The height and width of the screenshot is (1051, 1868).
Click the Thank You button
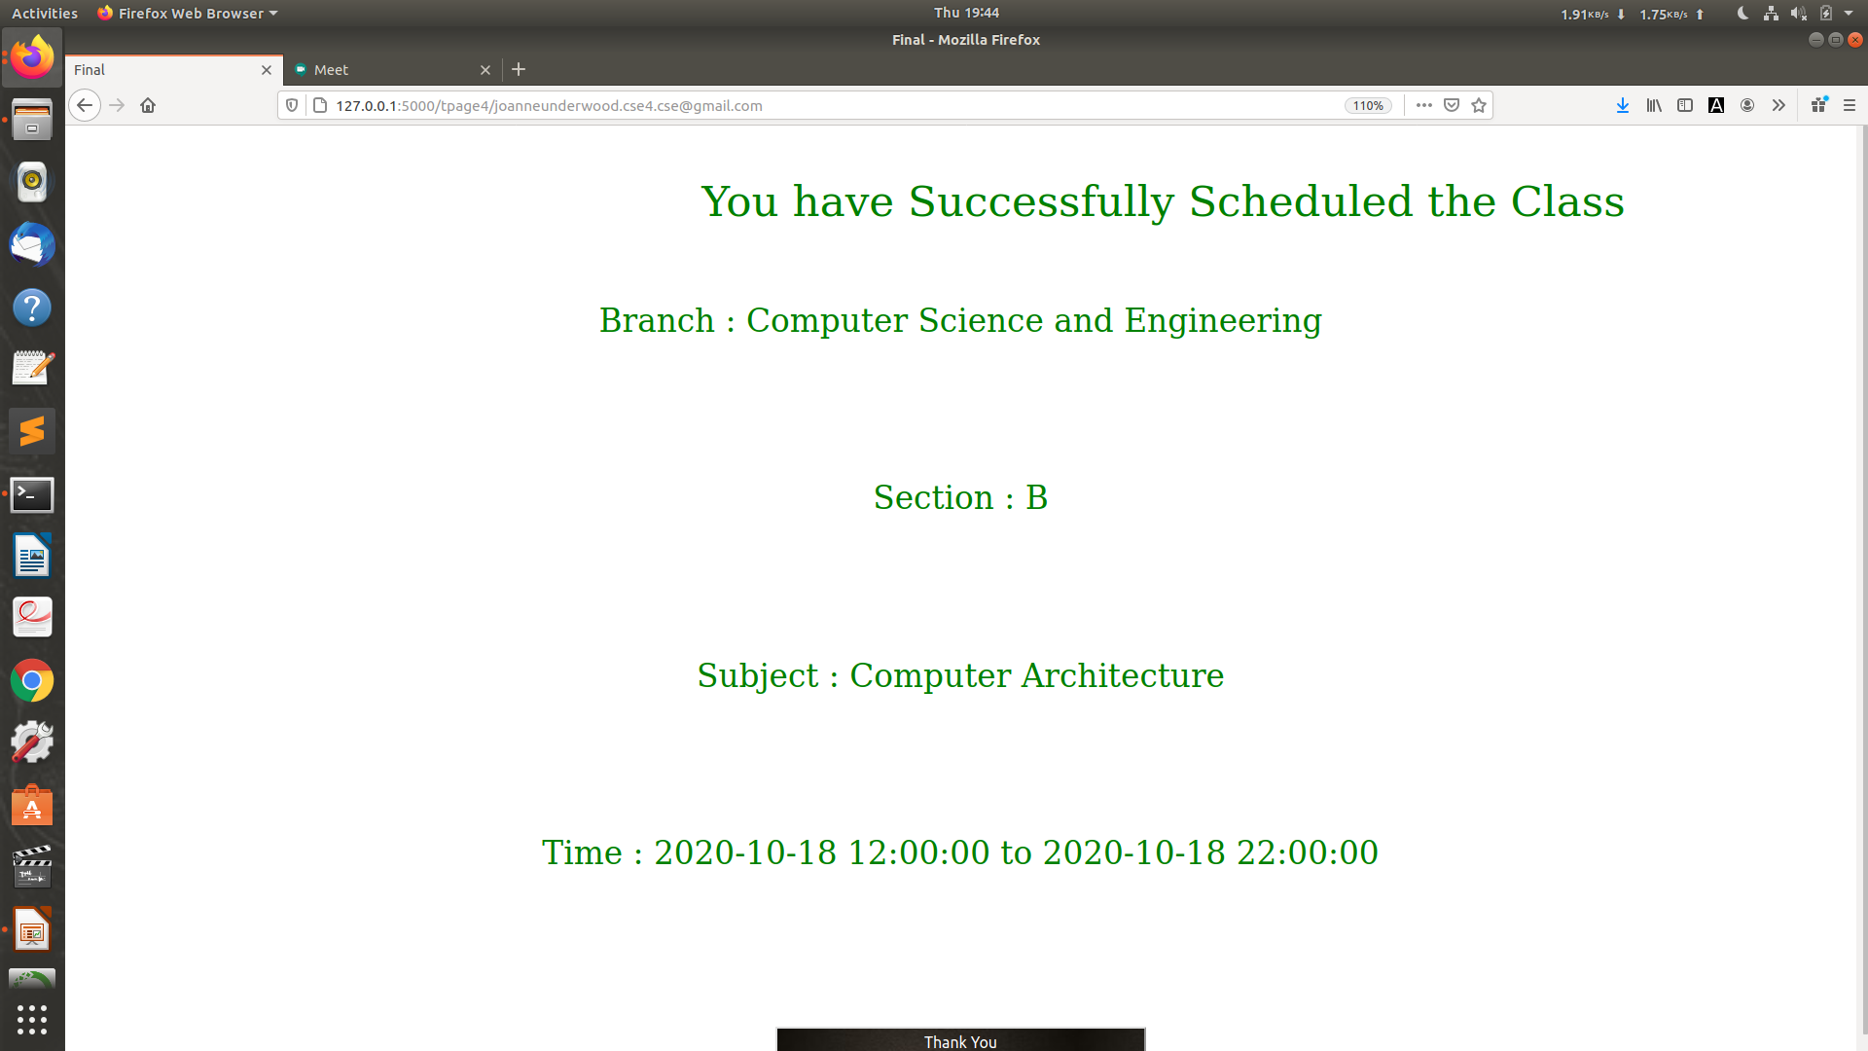pyautogui.click(x=960, y=1039)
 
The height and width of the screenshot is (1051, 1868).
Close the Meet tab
pyautogui.click(x=485, y=70)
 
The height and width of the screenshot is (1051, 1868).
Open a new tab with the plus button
pyautogui.click(x=519, y=69)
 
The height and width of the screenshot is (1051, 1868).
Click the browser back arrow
pyautogui.click(x=85, y=105)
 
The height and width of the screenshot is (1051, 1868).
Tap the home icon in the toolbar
pyautogui.click(x=148, y=105)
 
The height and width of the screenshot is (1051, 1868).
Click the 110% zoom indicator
pyautogui.click(x=1368, y=105)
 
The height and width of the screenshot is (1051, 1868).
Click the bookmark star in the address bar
pyautogui.click(x=1479, y=105)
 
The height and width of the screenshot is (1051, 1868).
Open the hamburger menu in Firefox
pyautogui.click(x=1850, y=105)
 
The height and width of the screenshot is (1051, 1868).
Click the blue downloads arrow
pyautogui.click(x=1622, y=105)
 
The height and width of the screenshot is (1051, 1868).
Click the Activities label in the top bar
pyautogui.click(x=45, y=13)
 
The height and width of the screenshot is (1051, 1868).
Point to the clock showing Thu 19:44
pyautogui.click(x=966, y=13)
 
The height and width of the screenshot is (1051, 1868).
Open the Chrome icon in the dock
pyautogui.click(x=32, y=680)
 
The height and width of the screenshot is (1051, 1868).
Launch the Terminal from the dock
pyautogui.click(x=32, y=494)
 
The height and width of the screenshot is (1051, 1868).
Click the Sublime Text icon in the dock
pyautogui.click(x=32, y=431)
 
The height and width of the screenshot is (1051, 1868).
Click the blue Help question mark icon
pyautogui.click(x=32, y=308)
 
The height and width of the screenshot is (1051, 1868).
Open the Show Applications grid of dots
pyautogui.click(x=32, y=1019)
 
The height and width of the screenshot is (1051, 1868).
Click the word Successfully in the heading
pyautogui.click(x=1041, y=202)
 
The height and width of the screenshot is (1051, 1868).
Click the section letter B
pyautogui.click(x=1037, y=497)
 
